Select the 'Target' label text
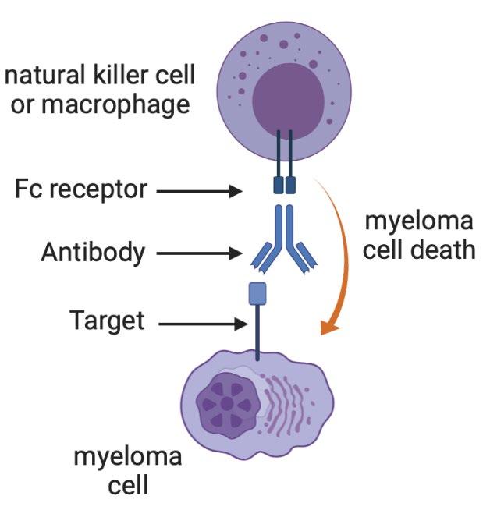click(x=107, y=321)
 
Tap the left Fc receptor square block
click(x=278, y=186)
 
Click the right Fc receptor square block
click(x=292, y=186)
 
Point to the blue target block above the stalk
click(x=258, y=293)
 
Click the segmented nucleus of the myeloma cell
click(x=226, y=405)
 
